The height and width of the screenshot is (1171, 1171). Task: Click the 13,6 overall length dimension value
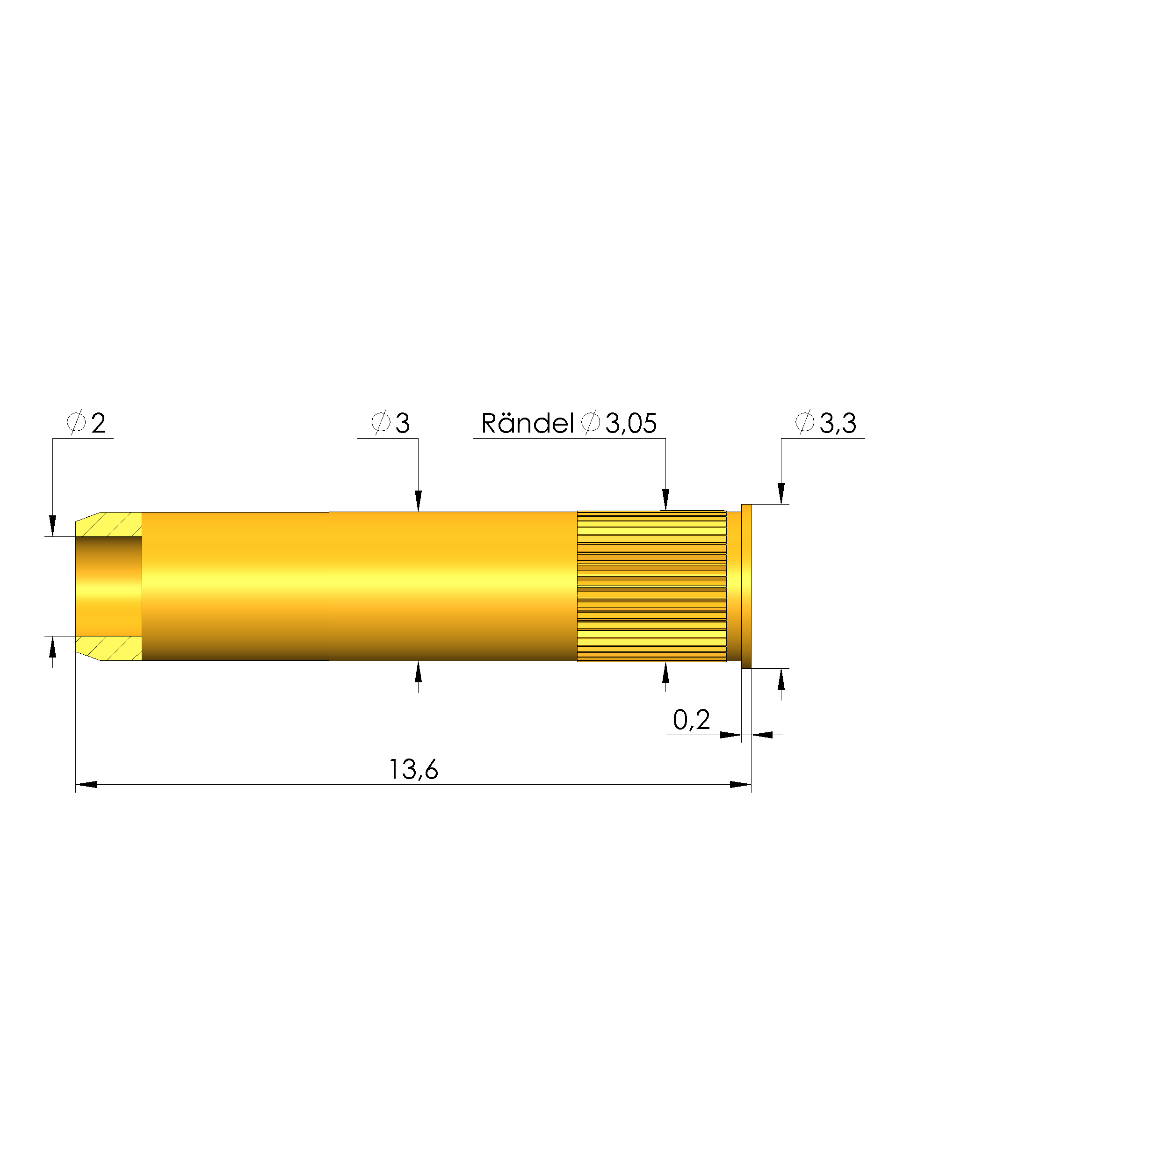(x=413, y=769)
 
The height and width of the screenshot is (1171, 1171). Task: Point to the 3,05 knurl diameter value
(x=631, y=424)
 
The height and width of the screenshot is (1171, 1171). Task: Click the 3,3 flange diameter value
(x=838, y=423)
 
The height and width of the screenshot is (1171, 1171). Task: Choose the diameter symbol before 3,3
(x=804, y=422)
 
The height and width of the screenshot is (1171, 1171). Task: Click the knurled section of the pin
(x=651, y=586)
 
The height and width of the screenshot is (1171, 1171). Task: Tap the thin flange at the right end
(x=746, y=586)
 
